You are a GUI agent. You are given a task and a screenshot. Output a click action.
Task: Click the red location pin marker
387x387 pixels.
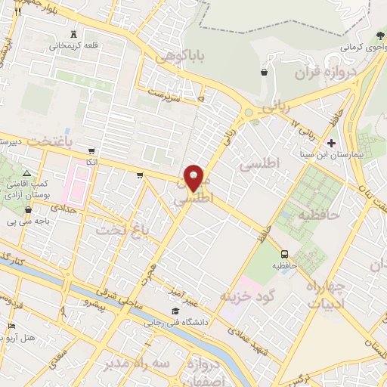click(x=195, y=178)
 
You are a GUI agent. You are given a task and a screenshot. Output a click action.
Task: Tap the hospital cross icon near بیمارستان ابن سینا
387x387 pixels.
click(x=331, y=143)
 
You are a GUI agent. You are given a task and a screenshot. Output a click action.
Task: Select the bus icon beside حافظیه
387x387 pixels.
click(x=285, y=254)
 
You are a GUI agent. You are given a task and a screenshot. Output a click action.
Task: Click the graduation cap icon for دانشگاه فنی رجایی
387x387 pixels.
click(x=175, y=311)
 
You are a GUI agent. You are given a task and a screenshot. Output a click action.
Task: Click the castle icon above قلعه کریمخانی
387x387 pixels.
click(x=73, y=34)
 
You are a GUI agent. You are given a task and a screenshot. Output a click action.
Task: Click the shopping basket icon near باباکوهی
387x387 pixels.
click(x=264, y=73)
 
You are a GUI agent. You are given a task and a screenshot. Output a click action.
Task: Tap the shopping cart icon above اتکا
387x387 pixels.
click(x=91, y=151)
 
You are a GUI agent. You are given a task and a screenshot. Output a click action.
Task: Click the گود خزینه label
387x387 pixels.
click(x=245, y=292)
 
